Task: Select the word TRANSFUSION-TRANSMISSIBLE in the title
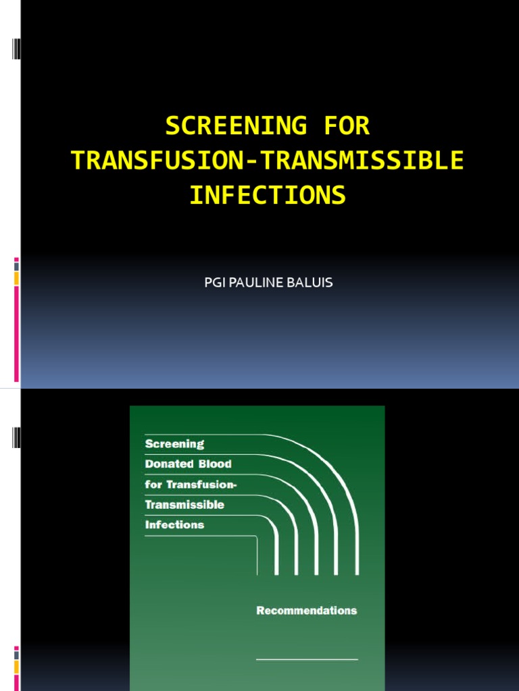click(268, 161)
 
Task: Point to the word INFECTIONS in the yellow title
click(268, 196)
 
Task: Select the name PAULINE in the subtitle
click(257, 282)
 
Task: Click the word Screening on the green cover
click(174, 444)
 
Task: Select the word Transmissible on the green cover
click(184, 505)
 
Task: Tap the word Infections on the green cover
click(174, 524)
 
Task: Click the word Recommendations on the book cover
click(306, 611)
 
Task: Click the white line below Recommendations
click(307, 659)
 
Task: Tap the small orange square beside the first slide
click(17, 278)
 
